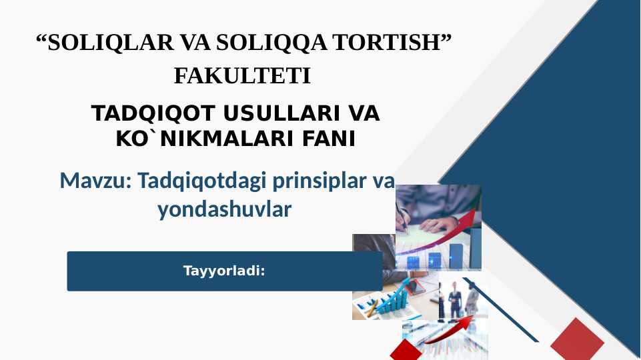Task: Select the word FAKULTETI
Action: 243,77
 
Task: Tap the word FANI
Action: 329,139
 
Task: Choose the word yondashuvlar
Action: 225,210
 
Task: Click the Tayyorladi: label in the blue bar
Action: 224,271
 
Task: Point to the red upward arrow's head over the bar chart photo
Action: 472,215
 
